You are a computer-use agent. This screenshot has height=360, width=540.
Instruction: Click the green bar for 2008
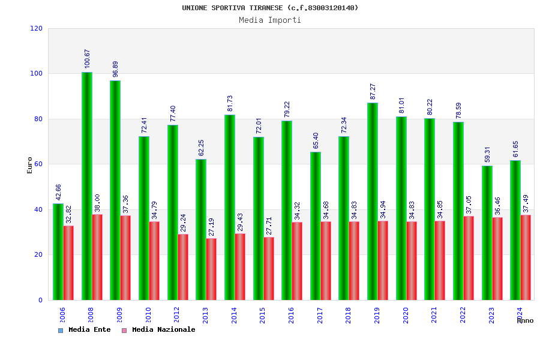tap(87, 186)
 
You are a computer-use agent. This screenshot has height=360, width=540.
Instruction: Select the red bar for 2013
tap(211, 269)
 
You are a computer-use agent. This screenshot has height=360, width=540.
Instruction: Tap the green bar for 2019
tap(373, 201)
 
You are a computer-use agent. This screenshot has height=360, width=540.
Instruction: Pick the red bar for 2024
tap(526, 257)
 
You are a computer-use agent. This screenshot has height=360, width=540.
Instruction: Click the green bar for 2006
tap(58, 251)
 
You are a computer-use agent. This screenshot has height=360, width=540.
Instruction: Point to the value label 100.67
tap(87, 59)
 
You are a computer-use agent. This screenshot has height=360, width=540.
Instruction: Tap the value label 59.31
tap(487, 154)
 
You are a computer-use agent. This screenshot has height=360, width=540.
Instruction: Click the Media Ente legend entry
tap(85, 330)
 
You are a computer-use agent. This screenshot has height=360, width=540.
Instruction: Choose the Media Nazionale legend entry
tap(159, 330)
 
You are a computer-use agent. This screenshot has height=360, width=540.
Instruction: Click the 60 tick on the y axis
tap(38, 164)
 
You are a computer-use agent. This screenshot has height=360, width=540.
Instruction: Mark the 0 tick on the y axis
tap(40, 300)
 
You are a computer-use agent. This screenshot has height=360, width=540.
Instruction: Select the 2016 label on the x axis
tap(291, 316)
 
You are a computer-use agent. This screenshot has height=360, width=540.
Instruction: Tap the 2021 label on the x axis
tap(434, 316)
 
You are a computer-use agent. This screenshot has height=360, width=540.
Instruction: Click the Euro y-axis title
tap(30, 165)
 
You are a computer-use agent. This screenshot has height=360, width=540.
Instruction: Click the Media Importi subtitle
tap(270, 20)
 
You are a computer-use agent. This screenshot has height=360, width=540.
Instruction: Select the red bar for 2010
tap(154, 260)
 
